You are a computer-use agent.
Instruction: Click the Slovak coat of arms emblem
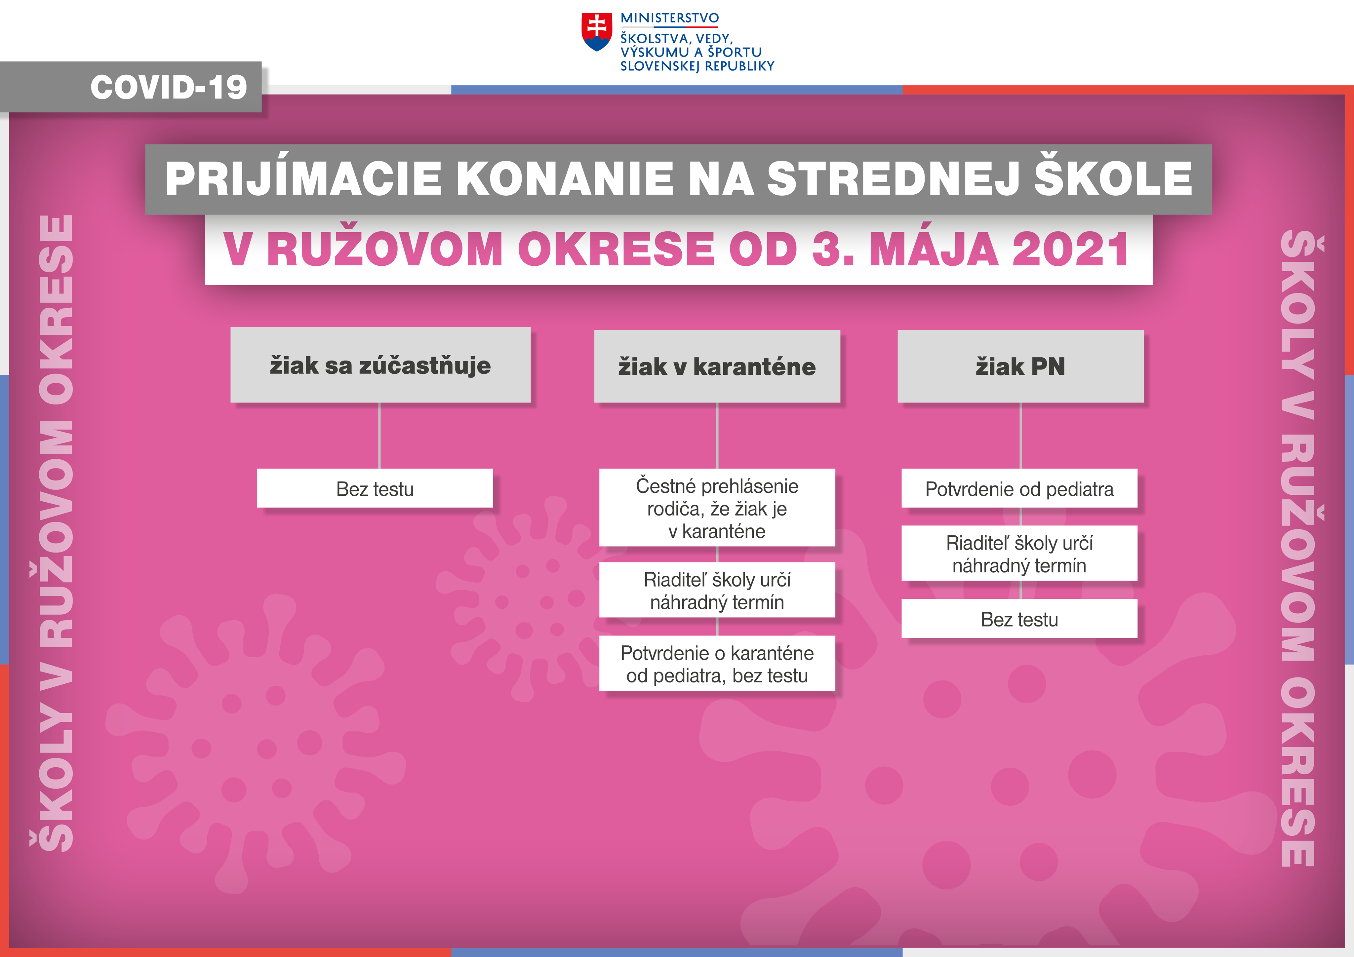point(596,32)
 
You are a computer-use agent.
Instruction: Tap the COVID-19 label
point(169,87)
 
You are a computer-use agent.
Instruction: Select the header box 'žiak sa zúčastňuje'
point(380,365)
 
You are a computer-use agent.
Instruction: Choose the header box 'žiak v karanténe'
point(717,366)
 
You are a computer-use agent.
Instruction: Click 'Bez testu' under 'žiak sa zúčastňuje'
point(375,488)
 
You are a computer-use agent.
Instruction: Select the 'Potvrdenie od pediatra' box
point(1019,488)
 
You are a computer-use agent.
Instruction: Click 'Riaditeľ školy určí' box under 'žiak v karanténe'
point(717,590)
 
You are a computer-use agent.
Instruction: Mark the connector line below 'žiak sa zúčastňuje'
point(380,436)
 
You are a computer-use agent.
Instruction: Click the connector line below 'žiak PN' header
point(1021,436)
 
